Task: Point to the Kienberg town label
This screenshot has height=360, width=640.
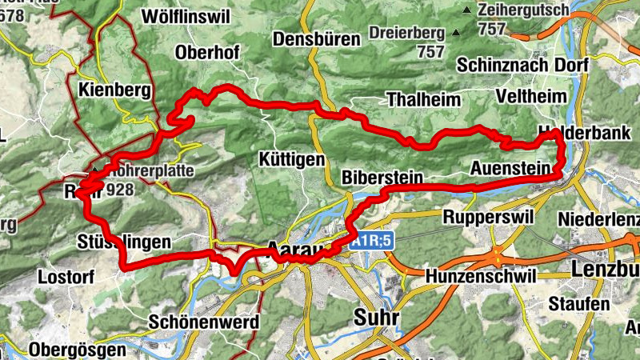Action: [x=116, y=90]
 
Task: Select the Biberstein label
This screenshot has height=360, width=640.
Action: [x=381, y=177]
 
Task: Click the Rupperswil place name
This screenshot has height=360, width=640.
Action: [x=486, y=217]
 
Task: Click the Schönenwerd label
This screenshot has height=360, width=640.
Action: [x=204, y=322]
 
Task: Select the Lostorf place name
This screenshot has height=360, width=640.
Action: [x=66, y=277]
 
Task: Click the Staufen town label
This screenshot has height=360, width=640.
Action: [x=578, y=304]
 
